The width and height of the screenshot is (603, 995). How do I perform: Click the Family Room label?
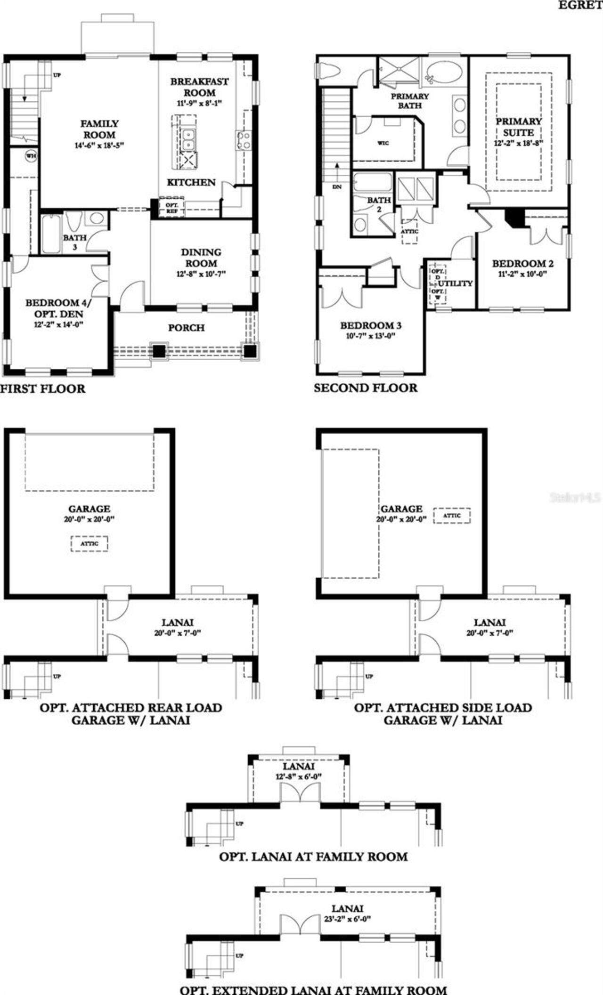tap(99, 129)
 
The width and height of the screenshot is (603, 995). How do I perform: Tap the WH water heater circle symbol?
tap(31, 156)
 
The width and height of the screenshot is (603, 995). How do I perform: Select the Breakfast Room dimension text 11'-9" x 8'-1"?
tap(199, 103)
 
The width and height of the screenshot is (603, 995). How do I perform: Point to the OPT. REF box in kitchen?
tap(171, 208)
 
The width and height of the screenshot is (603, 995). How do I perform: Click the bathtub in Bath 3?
tap(50, 234)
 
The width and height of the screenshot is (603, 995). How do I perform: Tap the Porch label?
tap(186, 328)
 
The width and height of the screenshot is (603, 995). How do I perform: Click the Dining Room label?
tap(201, 258)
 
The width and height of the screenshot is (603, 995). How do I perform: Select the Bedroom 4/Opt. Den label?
tap(59, 308)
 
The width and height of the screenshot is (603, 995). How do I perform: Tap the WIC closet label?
tap(383, 143)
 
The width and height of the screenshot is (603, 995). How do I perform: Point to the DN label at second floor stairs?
tap(337, 187)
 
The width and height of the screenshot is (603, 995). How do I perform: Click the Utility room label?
tap(455, 283)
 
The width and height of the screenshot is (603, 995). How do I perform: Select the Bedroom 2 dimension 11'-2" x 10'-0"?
tap(522, 274)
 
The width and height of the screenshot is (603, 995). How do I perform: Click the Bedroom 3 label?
tap(371, 325)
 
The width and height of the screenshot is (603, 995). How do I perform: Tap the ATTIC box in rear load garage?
tap(89, 543)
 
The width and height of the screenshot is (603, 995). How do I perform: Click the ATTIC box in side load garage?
tap(451, 516)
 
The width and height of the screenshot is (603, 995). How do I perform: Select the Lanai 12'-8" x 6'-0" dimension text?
tap(299, 777)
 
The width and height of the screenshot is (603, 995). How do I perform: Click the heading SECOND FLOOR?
tap(366, 388)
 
